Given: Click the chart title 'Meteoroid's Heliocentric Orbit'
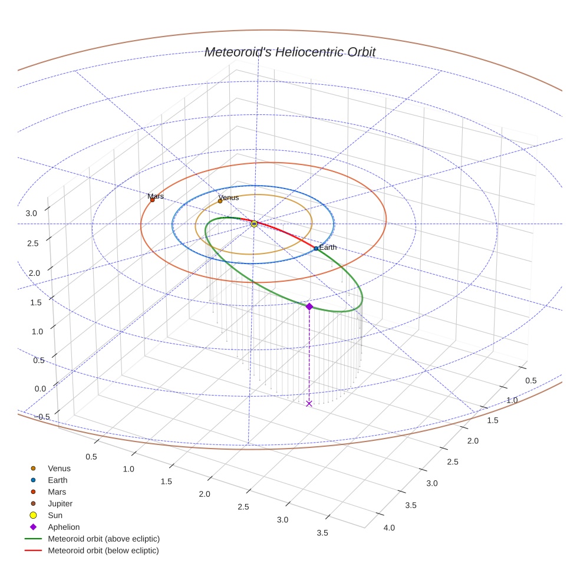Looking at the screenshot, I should (x=289, y=52).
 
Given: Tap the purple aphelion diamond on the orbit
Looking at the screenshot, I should (x=309, y=306).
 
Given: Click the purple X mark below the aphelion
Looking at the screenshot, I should (x=309, y=404).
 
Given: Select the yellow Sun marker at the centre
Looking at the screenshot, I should (x=254, y=224).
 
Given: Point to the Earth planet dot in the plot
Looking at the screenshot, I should (x=316, y=249).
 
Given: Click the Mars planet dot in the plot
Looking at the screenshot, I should (x=152, y=200).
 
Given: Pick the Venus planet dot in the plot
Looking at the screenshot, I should (x=220, y=201).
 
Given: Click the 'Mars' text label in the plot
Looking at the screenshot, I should (x=156, y=196).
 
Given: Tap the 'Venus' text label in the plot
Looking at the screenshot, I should (x=229, y=197).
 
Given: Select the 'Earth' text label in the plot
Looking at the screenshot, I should (x=328, y=248).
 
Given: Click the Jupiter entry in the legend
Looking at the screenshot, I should (x=60, y=504).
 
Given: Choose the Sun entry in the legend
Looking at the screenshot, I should (x=55, y=516).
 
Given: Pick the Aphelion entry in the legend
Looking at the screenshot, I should (x=64, y=528).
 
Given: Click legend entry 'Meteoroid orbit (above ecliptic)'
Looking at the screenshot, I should (x=104, y=539).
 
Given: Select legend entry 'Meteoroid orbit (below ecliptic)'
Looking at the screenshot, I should (x=103, y=551).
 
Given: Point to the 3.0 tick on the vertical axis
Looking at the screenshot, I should (x=31, y=213).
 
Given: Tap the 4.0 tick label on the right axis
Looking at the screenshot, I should (x=389, y=528).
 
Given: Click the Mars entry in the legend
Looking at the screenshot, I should (x=57, y=492).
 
